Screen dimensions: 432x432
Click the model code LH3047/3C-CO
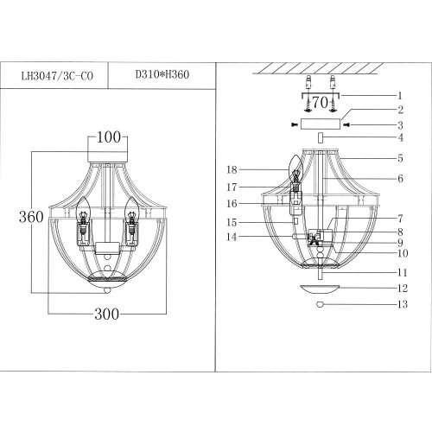tap(56, 74)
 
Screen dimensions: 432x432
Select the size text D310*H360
tap(162, 74)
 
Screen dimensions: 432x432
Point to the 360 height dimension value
tap(30, 217)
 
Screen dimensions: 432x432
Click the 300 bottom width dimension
tap(108, 315)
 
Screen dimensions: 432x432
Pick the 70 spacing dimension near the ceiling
tap(320, 103)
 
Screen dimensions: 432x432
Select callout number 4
tap(400, 138)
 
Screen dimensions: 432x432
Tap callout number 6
tap(400, 178)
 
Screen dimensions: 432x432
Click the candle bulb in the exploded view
tap(293, 166)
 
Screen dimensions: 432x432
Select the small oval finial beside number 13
tap(320, 304)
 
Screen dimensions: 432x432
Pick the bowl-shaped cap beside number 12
tap(320, 288)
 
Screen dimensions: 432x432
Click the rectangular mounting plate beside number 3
tap(320, 124)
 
